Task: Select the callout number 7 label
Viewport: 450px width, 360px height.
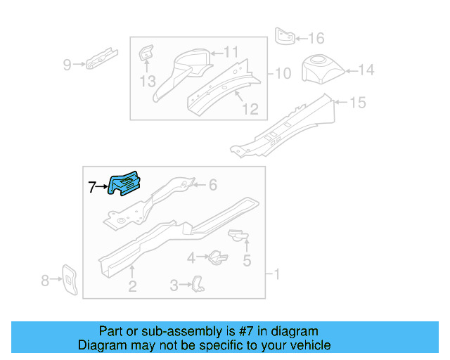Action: (91, 187)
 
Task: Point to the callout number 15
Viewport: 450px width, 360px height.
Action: (358, 103)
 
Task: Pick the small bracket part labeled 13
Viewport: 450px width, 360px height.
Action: (146, 53)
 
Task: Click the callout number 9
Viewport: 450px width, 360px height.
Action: (67, 65)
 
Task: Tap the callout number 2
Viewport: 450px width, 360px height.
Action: (131, 286)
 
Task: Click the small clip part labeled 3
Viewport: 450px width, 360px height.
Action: (200, 283)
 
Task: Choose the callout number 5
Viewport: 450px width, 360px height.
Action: (247, 262)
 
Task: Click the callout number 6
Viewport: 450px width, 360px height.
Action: (213, 185)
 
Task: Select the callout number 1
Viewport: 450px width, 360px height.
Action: (276, 274)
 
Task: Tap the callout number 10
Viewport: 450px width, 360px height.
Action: (282, 73)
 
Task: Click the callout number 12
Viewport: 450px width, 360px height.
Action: (250, 109)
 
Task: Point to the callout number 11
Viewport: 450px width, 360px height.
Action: (231, 51)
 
